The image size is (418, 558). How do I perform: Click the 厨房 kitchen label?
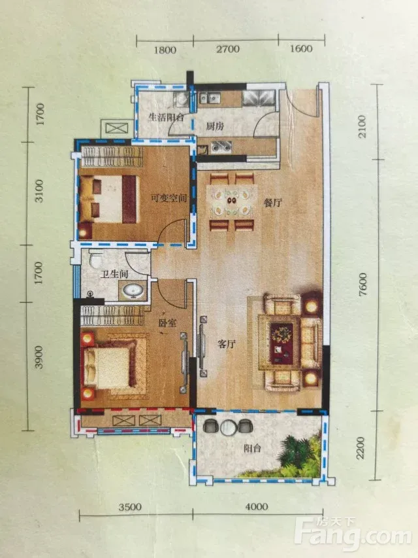(215, 126)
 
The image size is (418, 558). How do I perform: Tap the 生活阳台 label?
(166, 117)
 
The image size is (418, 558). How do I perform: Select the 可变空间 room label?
(169, 198)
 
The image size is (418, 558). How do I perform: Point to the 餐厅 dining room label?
(273, 203)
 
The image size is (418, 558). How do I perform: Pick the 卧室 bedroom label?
(167, 323)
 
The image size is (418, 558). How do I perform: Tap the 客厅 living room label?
(227, 344)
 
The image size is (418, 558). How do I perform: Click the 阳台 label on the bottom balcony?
(252, 448)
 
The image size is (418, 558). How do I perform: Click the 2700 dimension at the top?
(228, 49)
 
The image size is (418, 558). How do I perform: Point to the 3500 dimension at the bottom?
(130, 507)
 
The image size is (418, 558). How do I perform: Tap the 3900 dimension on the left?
(39, 357)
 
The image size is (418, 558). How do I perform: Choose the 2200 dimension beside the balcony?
(361, 448)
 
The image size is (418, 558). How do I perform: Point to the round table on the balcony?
(227, 427)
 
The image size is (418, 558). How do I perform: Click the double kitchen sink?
(210, 96)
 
